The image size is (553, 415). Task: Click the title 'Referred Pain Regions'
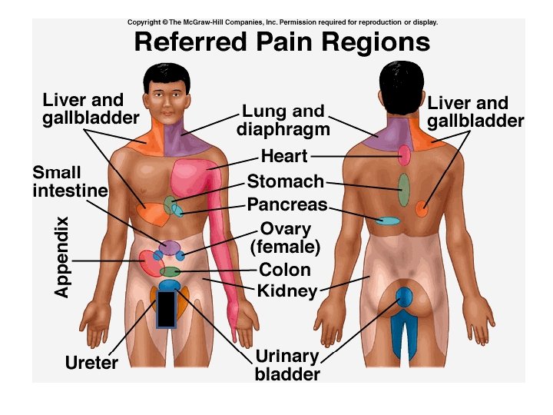[282, 42]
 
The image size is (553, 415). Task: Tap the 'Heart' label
[284, 156]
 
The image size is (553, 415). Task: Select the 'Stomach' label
[286, 181]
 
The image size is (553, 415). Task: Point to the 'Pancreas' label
[287, 205]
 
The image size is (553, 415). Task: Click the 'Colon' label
[285, 270]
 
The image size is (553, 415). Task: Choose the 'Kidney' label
[287, 290]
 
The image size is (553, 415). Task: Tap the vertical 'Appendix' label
[62, 257]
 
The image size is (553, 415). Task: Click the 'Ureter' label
[91, 362]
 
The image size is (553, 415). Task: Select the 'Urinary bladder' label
[287, 366]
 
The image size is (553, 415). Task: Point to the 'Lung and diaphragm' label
[283, 120]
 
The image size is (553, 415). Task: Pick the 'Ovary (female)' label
[285, 237]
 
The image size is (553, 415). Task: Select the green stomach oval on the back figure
[404, 188]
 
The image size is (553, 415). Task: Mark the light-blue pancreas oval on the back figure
[389, 221]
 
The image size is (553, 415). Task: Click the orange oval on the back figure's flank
[422, 208]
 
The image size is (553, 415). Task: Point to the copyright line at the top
[283, 22]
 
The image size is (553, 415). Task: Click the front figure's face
[165, 95]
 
